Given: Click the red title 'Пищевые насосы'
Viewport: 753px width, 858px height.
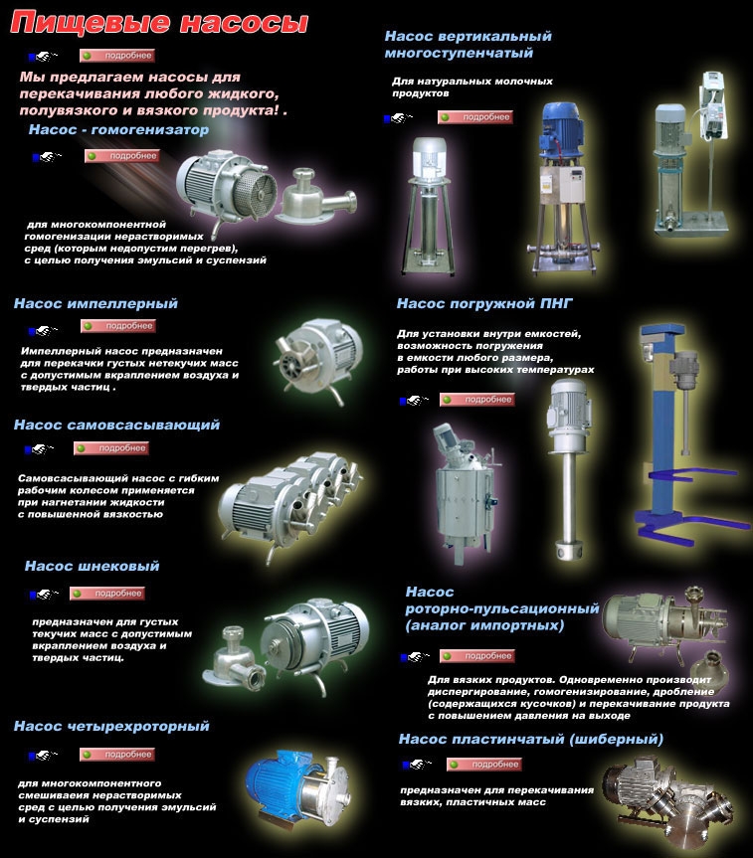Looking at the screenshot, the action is pyautogui.click(x=158, y=24).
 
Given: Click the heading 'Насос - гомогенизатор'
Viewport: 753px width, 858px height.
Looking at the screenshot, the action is pyautogui.click(x=118, y=129).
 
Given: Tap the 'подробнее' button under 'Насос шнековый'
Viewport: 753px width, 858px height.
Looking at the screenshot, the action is pyautogui.click(x=107, y=594).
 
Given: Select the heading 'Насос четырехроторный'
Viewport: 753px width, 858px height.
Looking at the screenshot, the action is pyautogui.click(x=111, y=726).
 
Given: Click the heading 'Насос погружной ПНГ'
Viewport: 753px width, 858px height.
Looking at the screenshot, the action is pyautogui.click(x=484, y=303).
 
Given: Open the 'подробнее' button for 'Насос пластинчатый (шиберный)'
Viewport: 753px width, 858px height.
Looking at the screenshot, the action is pyautogui.click(x=484, y=765).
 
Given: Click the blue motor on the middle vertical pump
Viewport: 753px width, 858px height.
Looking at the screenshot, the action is pyautogui.click(x=563, y=130).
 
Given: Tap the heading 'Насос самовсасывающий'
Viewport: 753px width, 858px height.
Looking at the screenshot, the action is pyautogui.click(x=116, y=425).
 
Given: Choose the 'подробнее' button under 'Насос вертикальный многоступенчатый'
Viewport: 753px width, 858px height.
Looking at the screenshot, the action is pyautogui.click(x=475, y=117).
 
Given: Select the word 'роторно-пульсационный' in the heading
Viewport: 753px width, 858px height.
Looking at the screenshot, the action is pyautogui.click(x=502, y=608).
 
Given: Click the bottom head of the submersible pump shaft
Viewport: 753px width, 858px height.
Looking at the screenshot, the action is pyautogui.click(x=569, y=550).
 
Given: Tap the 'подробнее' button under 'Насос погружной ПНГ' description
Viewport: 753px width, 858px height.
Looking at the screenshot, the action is pyautogui.click(x=477, y=400).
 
